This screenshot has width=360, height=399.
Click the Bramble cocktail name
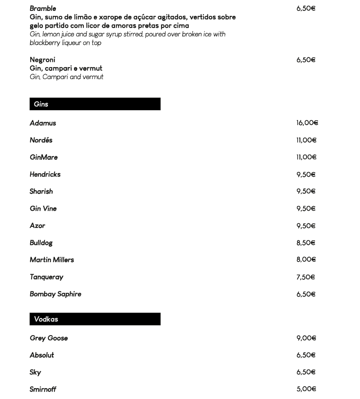43,9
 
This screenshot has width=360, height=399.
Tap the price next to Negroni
306,60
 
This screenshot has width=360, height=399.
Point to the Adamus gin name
43,123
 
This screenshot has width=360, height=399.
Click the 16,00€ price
307,123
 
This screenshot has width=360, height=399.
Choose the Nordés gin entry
41,140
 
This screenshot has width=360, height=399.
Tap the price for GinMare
306,157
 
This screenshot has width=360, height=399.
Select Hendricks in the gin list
45,175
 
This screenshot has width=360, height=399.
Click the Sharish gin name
41,192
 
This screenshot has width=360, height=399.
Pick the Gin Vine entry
43,209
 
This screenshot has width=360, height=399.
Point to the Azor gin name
37,226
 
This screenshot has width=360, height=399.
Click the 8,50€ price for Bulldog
306,243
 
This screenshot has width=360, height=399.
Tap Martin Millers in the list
52,260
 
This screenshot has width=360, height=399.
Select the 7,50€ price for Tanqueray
306,277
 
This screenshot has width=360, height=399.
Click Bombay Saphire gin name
55,294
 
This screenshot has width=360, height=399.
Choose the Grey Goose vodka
49,338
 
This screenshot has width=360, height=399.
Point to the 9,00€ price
306,338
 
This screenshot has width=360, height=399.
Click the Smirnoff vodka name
43,389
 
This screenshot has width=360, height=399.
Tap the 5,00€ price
306,389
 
